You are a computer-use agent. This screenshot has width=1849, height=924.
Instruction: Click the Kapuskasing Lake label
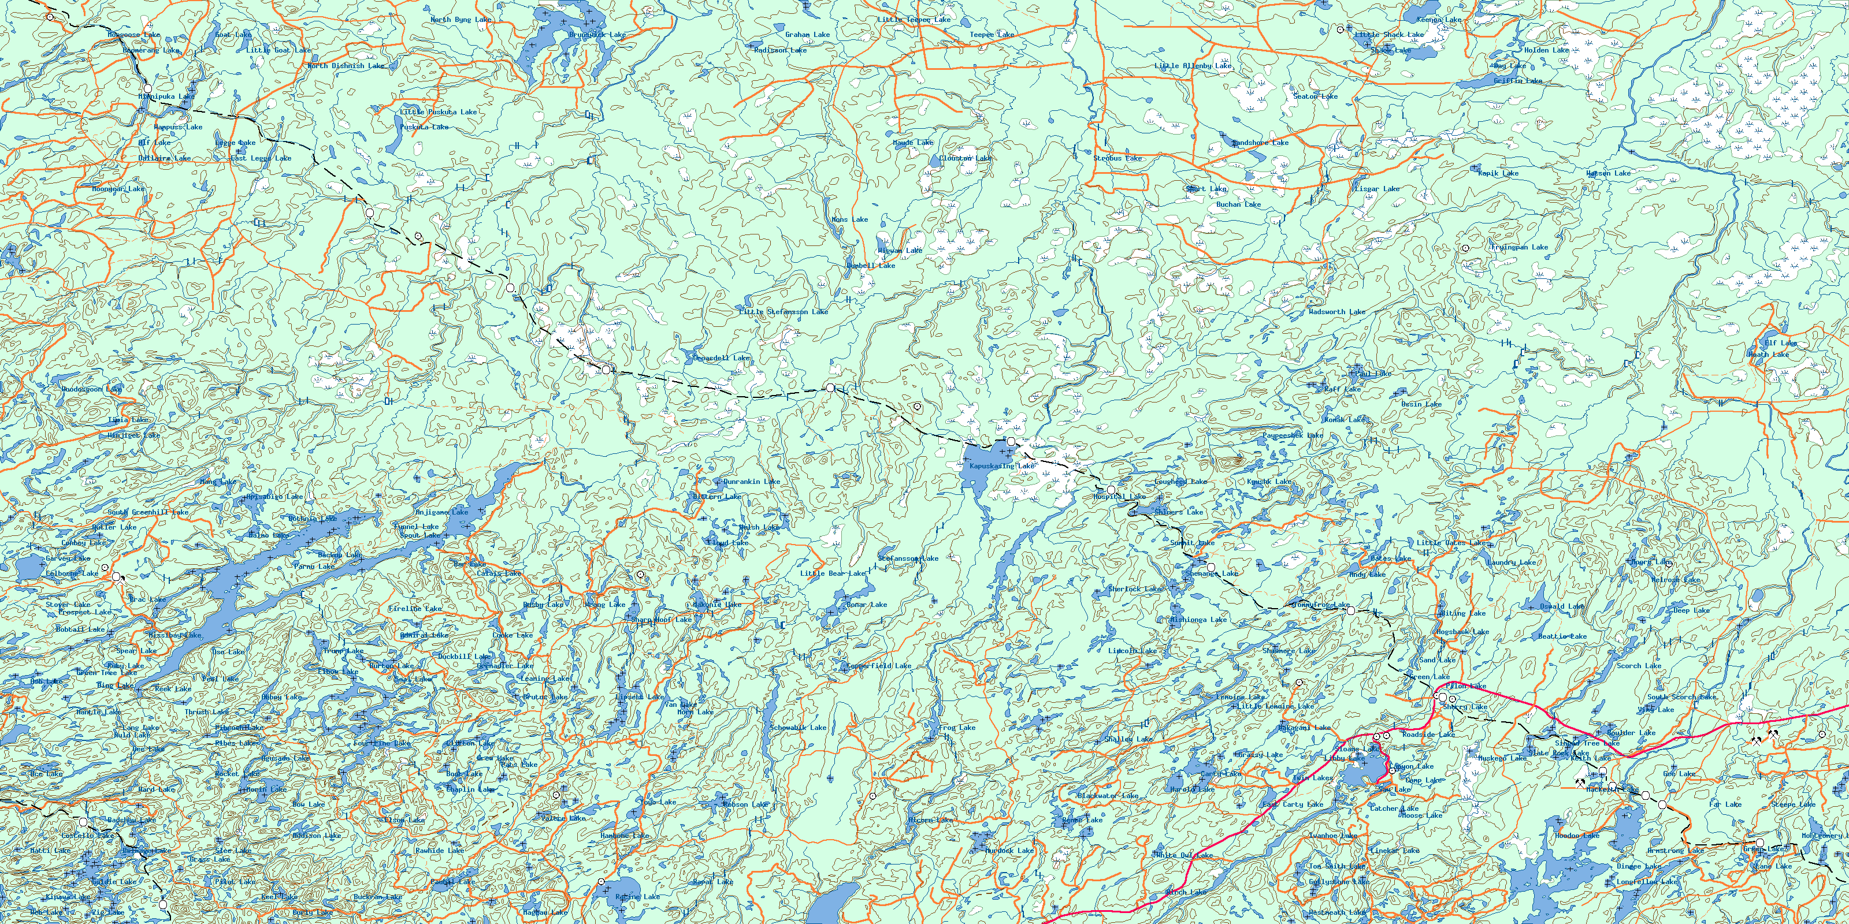(x=1002, y=466)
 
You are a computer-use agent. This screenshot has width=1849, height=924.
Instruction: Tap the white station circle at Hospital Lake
(x=1111, y=490)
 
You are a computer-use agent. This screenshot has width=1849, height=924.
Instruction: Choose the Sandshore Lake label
(x=1260, y=143)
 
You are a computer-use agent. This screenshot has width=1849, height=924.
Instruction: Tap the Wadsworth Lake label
(x=1336, y=312)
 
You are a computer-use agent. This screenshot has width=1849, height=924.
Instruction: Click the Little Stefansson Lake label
(x=784, y=312)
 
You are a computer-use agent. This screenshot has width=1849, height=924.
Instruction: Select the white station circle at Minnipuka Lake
(x=148, y=89)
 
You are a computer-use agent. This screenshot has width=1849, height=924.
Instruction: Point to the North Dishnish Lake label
(x=346, y=66)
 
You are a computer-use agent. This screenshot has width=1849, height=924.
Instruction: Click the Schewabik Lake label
(x=798, y=728)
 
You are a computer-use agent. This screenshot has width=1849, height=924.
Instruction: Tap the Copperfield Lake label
(x=878, y=666)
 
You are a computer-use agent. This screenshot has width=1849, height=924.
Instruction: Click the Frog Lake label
(x=957, y=728)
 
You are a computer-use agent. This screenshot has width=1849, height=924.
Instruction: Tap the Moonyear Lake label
(x=118, y=189)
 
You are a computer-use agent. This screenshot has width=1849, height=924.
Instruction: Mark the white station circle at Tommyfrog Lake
(x=1351, y=611)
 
